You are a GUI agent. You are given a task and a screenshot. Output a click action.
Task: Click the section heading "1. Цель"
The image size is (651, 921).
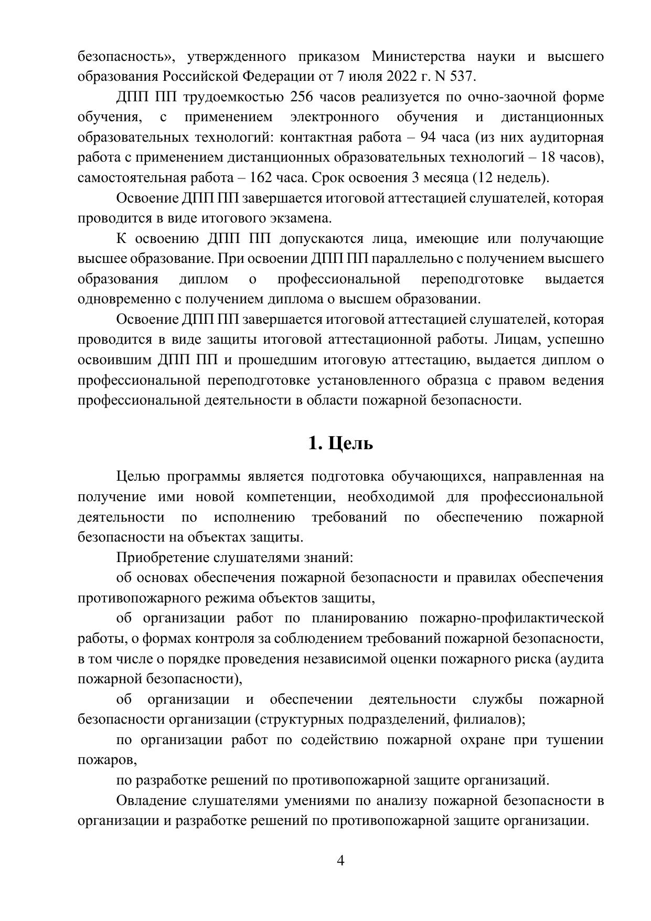(340, 443)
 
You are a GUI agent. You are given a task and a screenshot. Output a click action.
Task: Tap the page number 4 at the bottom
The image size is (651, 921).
(340, 861)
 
